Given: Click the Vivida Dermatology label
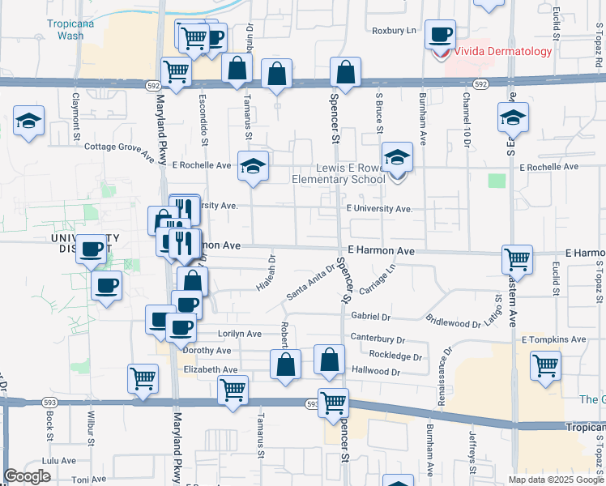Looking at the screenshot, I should (502, 51).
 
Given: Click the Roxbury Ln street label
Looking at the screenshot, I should (394, 31).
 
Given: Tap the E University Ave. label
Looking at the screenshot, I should (379, 208).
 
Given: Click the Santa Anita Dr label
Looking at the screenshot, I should (310, 283).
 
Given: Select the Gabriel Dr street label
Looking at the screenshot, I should (371, 317).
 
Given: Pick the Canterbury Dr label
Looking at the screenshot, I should (377, 339).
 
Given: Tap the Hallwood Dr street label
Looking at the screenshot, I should (376, 371).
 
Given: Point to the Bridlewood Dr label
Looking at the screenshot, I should (454, 323).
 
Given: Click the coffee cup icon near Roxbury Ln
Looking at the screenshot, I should (441, 35).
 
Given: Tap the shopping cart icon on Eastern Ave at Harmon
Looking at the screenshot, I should (517, 260).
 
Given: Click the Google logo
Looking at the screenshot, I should (28, 476).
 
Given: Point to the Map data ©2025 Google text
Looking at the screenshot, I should (556, 480).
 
